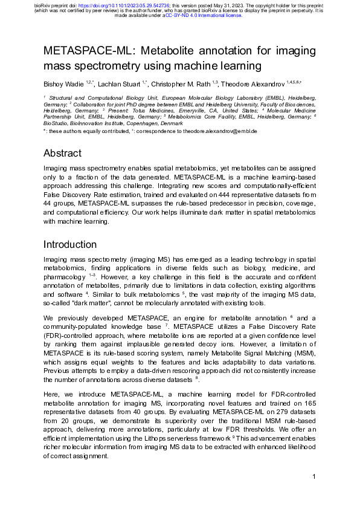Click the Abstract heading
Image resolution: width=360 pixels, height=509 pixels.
(62, 153)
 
